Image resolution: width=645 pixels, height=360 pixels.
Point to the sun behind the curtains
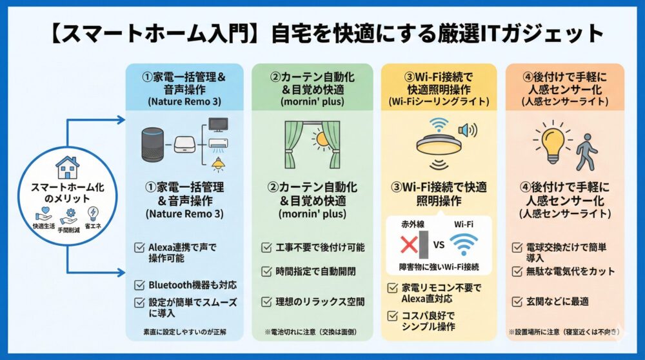tap(320, 137)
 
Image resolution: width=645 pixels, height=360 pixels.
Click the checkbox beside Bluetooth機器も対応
tap(139, 285)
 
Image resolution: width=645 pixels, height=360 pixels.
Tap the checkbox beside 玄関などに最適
tap(517, 301)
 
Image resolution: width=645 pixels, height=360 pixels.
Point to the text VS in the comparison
tap(439, 246)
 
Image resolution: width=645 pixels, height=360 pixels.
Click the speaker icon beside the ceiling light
tap(466, 130)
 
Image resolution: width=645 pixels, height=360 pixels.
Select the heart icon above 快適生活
tap(43, 214)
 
